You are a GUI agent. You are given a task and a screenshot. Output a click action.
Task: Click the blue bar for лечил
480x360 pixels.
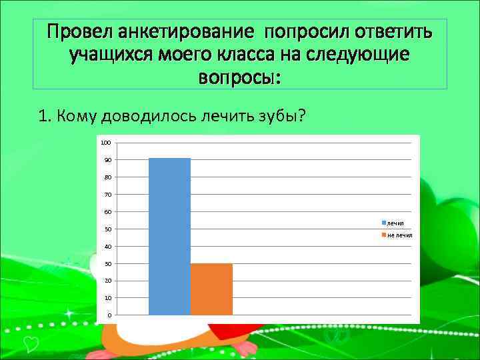pos(169,236)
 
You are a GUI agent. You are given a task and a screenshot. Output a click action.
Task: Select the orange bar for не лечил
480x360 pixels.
pos(211,289)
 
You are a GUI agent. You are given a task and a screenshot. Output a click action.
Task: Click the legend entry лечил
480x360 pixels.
pos(394,222)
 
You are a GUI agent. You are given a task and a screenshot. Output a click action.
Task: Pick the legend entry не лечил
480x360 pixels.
pos(398,235)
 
